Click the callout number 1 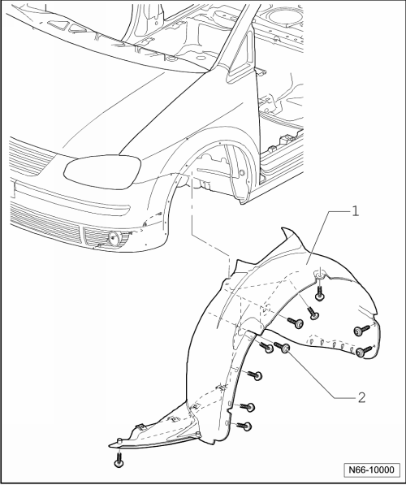(356, 211)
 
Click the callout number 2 (361, 397)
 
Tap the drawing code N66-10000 (372, 470)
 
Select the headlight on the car (102, 171)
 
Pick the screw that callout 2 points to (282, 347)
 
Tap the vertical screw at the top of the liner (320, 293)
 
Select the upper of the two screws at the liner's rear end (362, 331)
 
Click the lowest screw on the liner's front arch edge (244, 427)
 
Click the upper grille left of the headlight (29, 158)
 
